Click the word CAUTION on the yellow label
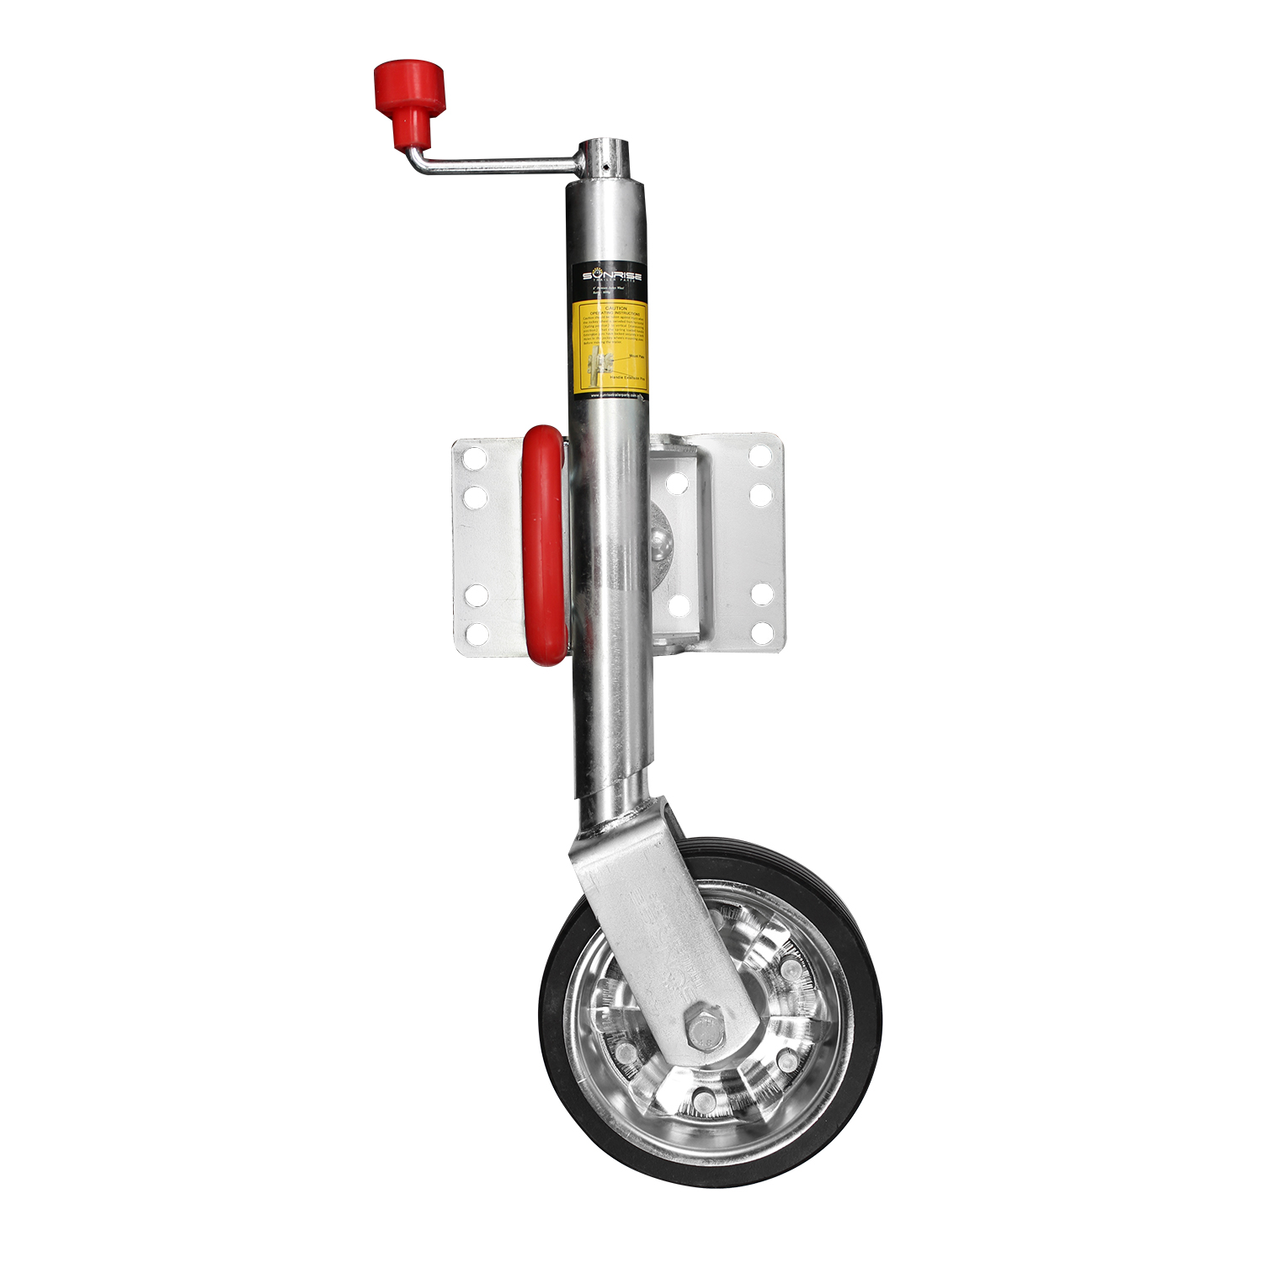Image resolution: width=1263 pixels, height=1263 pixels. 610,308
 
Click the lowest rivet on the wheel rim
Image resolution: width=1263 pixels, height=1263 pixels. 701,1096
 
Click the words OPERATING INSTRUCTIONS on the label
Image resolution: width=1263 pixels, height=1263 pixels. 610,314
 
